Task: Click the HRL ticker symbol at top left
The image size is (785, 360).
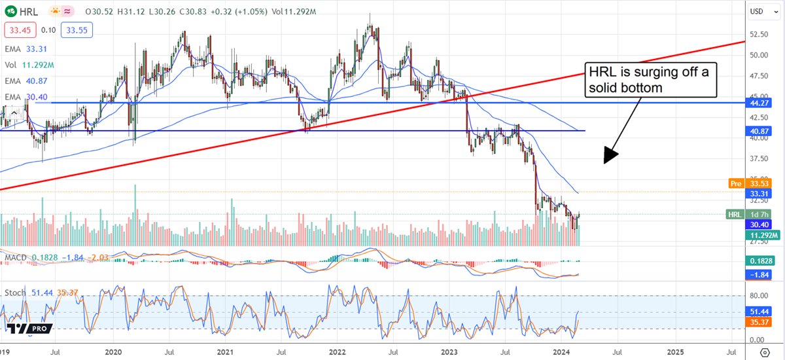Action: click(28, 12)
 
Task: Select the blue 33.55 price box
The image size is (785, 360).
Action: click(77, 29)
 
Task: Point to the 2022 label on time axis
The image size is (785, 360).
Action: click(338, 352)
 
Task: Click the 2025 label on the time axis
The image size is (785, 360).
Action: click(675, 352)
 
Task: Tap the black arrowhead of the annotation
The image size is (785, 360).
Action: click(610, 154)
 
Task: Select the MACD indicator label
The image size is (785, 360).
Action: click(15, 257)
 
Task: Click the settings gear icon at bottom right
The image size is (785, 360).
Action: click(765, 352)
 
